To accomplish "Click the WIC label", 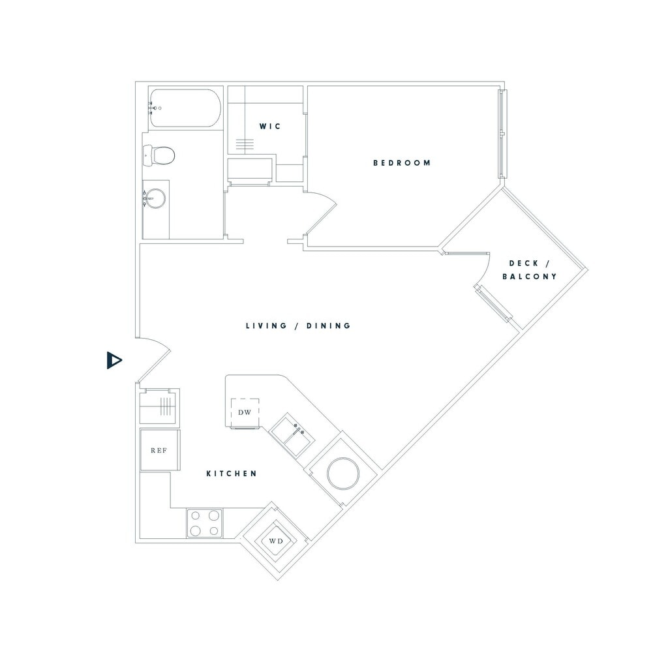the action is tap(270, 126).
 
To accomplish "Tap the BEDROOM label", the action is tap(402, 163).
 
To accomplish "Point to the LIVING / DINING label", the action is tap(298, 326).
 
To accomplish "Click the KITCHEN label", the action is tap(232, 474).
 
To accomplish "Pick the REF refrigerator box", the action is tap(159, 450).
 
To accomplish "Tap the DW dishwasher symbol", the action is tap(245, 412).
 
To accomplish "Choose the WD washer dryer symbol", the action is tap(275, 540).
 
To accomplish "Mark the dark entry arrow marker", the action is tap(114, 360).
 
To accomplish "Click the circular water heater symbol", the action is tap(342, 472).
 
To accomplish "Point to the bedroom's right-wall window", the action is tap(502, 133).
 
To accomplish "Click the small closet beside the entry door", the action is tap(159, 407).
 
